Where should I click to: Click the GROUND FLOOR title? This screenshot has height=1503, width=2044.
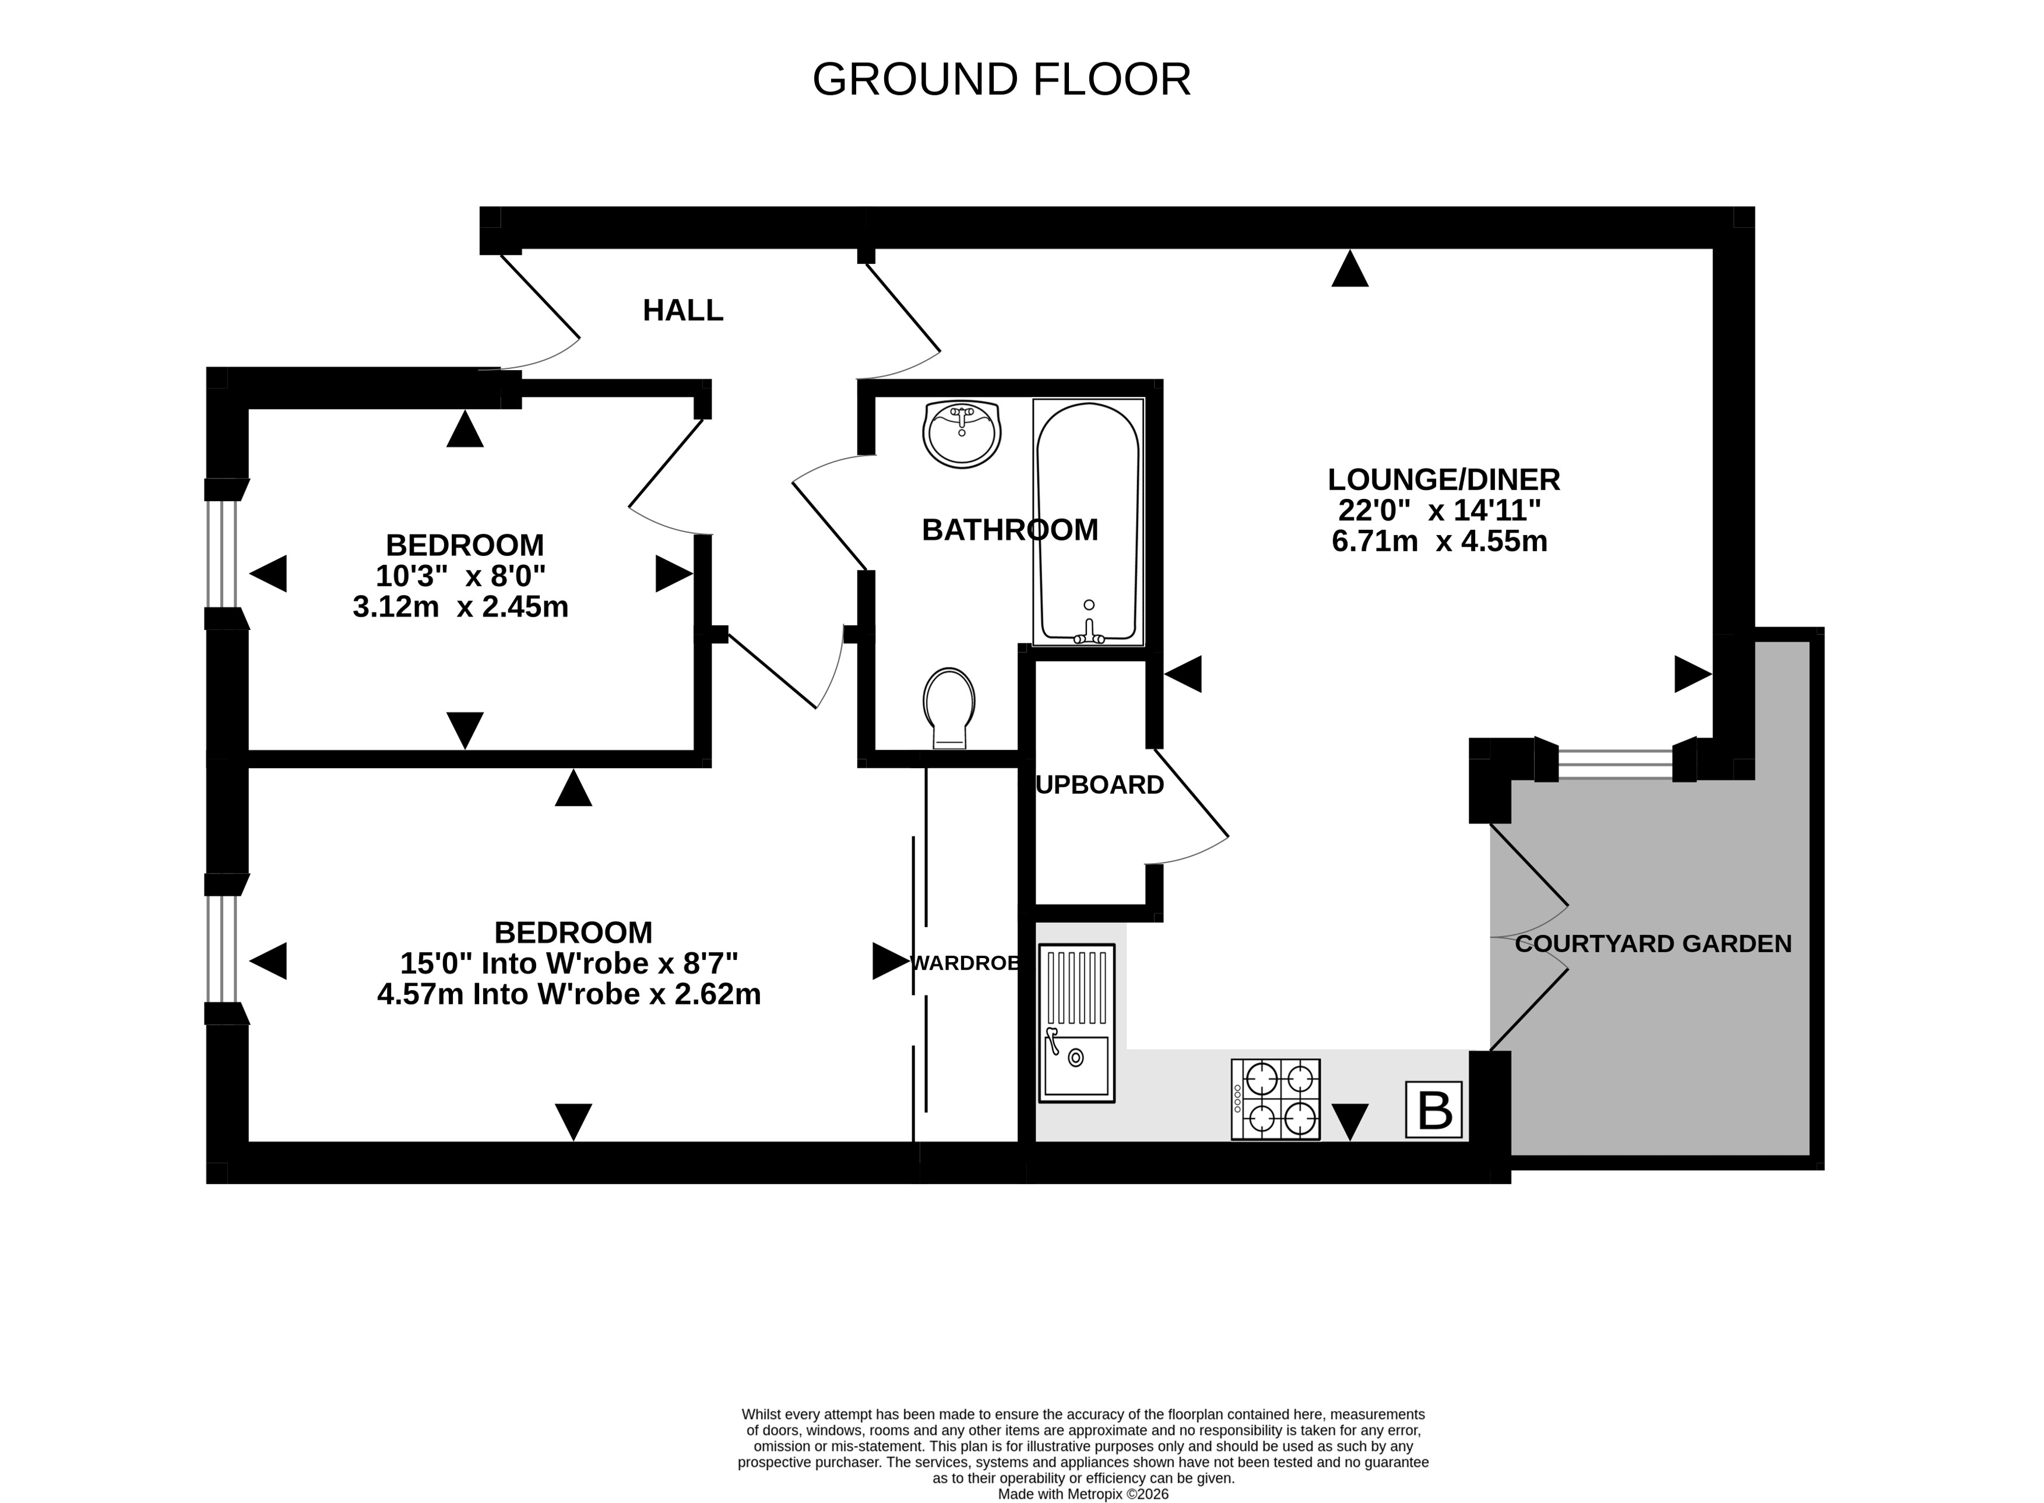1001,79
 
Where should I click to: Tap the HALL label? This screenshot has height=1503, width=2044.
683,310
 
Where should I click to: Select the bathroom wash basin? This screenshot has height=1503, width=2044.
962,434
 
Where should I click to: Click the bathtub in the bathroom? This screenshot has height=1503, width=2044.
1088,522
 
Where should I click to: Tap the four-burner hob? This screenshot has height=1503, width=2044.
1275,1099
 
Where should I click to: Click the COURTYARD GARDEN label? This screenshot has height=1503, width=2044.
1653,944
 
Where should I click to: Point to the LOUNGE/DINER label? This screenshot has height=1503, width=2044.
1444,480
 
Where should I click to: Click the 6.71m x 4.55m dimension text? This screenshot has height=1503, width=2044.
1439,541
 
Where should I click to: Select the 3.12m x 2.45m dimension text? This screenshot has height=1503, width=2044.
460,607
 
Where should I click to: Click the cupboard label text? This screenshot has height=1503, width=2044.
1100,785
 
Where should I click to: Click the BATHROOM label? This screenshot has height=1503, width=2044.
1009,530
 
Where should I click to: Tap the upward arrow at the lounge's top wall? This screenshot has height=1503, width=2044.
1350,269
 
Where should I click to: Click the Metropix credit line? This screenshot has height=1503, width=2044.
1082,1494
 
